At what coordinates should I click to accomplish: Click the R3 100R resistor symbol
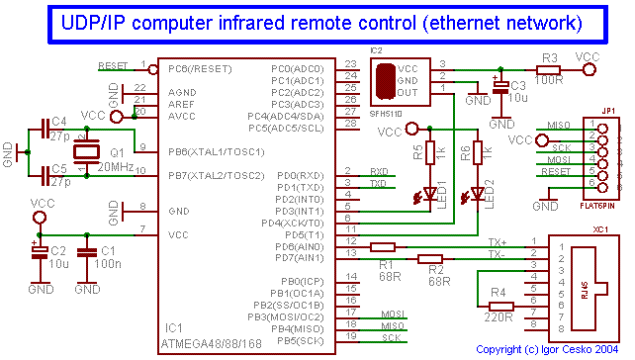click(551, 69)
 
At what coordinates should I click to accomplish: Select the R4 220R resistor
click(500, 307)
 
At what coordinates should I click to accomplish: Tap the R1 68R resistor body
click(382, 247)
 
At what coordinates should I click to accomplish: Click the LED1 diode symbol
click(430, 192)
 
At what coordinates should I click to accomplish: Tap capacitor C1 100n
click(87, 252)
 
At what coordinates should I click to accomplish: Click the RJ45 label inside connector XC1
click(585, 288)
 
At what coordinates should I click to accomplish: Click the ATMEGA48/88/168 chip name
click(214, 344)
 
